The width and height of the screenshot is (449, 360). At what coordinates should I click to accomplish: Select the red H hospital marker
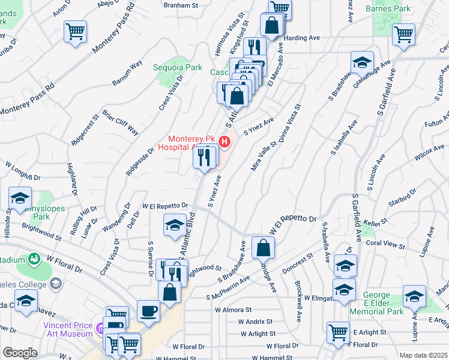click(x=224, y=142)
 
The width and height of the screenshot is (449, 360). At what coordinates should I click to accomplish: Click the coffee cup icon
click(x=149, y=310)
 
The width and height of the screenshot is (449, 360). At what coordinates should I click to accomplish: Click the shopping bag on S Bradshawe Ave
click(x=264, y=247)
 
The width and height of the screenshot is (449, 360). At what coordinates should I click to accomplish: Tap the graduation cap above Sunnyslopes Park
click(x=20, y=198)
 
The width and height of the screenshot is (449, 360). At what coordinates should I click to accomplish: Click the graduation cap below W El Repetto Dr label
click(x=175, y=225)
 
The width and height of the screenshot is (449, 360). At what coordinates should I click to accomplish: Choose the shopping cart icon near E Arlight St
click(x=339, y=332)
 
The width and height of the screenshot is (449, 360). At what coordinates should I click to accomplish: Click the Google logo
click(x=20, y=353)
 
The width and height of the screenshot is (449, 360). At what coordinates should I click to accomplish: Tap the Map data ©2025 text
click(x=423, y=355)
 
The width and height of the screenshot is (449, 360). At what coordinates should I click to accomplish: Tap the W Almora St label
click(x=234, y=310)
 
